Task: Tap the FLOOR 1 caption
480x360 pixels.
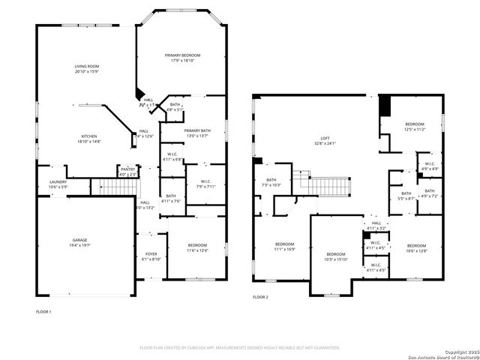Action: (44, 310)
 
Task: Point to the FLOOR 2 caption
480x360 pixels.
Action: (259, 298)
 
